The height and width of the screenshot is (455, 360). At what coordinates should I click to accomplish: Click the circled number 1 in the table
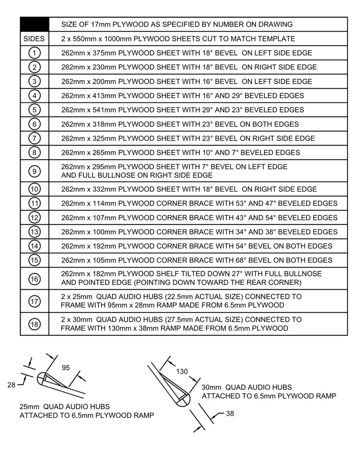tap(35, 53)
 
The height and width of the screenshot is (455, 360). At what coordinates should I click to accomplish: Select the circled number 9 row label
tap(35, 171)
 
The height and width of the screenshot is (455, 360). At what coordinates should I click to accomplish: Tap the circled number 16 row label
tap(35, 278)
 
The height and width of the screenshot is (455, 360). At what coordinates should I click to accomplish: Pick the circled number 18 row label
tap(35, 324)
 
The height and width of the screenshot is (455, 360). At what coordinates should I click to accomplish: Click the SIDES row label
tap(35, 39)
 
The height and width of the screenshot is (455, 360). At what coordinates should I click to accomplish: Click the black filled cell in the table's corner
tap(35, 24)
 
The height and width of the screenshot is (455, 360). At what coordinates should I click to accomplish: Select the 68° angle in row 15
tap(242, 260)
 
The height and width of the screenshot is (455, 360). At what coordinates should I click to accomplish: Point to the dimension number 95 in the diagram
tap(66, 368)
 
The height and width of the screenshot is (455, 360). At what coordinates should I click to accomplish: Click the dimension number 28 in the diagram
tap(11, 384)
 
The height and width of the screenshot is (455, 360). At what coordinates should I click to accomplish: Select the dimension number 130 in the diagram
tap(182, 372)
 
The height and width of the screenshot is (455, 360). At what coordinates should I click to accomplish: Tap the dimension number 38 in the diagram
tap(230, 414)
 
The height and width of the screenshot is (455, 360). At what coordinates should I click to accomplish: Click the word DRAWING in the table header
tap(276, 24)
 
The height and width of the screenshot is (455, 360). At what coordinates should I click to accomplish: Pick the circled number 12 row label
tap(35, 217)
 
